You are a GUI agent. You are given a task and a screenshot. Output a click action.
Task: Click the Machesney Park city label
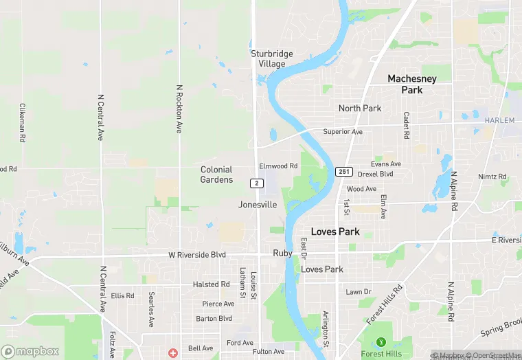[411, 85]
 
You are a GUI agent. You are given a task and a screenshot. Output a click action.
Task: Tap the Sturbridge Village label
[271, 58]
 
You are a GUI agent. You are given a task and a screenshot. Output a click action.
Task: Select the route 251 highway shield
[344, 171]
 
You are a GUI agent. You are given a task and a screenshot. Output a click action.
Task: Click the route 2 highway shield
[256, 183]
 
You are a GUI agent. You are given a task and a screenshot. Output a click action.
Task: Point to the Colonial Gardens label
[216, 175]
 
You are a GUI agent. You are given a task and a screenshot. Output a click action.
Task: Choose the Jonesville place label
[258, 205]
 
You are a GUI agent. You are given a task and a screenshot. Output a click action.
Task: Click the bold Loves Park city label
[335, 232]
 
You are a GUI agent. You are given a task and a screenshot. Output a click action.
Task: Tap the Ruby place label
[283, 253]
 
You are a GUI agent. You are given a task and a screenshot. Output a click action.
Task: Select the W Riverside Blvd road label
[197, 255]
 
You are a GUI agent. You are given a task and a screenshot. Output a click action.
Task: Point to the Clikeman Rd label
[22, 122]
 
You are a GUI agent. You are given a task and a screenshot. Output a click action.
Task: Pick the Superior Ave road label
[343, 132]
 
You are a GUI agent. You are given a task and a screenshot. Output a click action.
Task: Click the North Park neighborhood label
[359, 109]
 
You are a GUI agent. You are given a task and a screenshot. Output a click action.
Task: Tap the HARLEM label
[499, 120]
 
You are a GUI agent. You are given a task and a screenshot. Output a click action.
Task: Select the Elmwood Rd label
[278, 166]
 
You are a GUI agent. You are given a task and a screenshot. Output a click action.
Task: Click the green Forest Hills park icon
[382, 342]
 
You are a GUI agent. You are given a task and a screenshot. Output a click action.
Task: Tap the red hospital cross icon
[172, 352]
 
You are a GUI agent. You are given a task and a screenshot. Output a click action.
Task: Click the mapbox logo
[30, 351]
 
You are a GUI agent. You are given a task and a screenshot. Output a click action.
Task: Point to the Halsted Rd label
[211, 284]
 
